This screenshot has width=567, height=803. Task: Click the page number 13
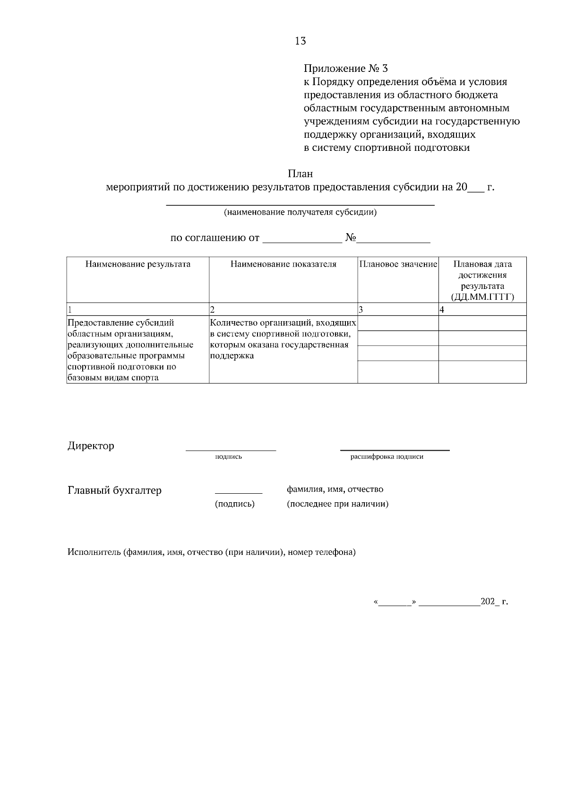coord(300,41)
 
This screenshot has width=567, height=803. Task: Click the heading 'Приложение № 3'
coord(348,68)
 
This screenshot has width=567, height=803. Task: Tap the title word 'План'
coord(300,174)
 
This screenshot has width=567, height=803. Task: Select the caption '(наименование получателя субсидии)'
coord(300,212)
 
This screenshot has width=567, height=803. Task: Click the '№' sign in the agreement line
coord(350,237)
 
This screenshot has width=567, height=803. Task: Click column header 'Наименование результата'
coord(137,264)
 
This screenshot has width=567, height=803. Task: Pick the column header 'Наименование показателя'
coord(283,264)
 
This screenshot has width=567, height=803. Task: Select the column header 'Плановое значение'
coord(398,264)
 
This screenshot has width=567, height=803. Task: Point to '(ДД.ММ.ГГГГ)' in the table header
coord(482,297)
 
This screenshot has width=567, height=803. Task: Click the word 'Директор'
coord(91,446)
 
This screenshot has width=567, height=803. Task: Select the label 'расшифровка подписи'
coord(387,457)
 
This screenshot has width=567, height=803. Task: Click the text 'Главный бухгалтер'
coord(114,490)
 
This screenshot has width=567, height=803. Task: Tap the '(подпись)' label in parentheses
coord(235,504)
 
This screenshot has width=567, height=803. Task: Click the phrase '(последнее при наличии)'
coord(337,504)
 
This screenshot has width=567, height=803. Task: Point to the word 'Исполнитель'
coord(94,552)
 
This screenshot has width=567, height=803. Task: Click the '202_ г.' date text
coord(494,602)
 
